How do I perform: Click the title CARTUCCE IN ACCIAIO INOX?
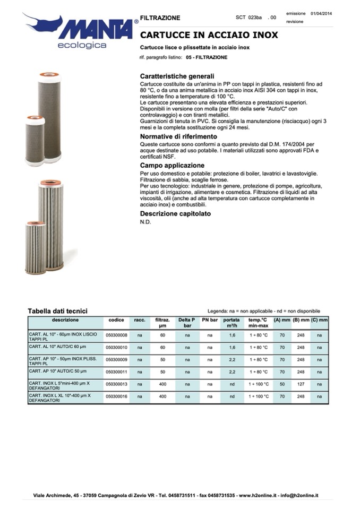[x=209, y=36]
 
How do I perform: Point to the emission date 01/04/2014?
[x=321, y=13]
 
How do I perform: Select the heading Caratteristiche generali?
[x=177, y=76]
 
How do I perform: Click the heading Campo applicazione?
[x=172, y=166]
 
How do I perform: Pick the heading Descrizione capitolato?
[x=175, y=213]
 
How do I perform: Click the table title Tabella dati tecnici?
[x=57, y=311]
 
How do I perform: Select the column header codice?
[x=116, y=320]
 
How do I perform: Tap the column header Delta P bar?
[x=186, y=323]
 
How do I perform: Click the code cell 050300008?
[x=116, y=335]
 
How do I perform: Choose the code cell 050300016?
[x=116, y=396]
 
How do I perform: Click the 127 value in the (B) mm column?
[x=301, y=384]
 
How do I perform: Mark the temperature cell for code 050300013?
[x=258, y=384]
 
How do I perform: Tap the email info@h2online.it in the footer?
[x=299, y=495]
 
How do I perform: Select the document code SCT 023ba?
[x=249, y=18]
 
